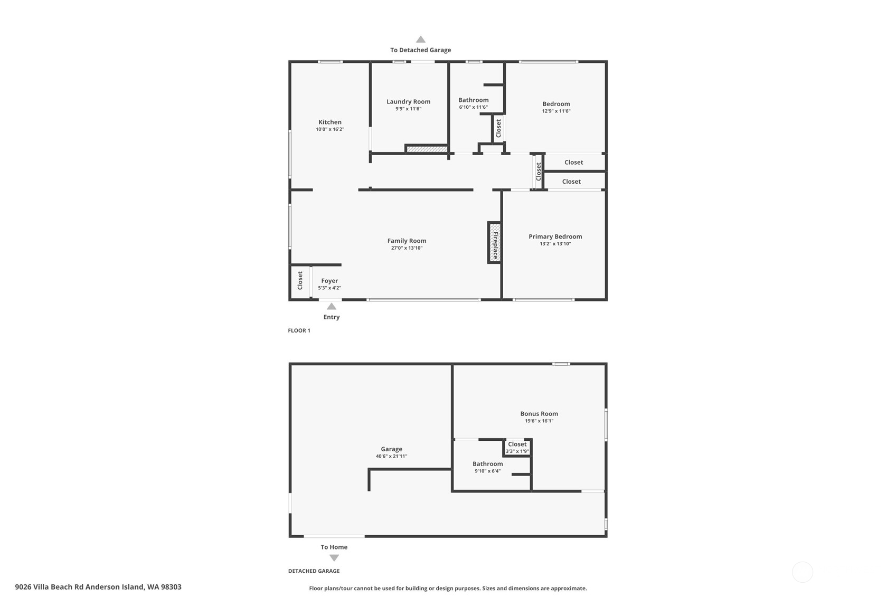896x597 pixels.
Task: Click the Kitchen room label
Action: coord(329,122)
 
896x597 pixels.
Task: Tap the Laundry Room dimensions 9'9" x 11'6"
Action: coord(408,109)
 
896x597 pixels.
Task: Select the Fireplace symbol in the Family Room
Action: coord(495,242)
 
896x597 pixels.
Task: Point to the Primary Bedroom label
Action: coord(555,236)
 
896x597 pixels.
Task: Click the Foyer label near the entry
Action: coord(329,281)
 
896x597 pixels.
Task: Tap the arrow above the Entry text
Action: coord(331,306)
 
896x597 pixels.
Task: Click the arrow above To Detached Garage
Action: coord(420,39)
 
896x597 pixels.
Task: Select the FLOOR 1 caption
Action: coord(299,330)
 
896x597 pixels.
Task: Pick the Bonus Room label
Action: coord(539,414)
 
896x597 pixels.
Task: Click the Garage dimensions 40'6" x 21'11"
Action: coord(391,456)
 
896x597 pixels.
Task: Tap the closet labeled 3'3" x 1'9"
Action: coord(517,448)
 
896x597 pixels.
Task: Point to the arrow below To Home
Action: coord(334,558)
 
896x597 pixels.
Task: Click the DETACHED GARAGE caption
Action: coord(314,571)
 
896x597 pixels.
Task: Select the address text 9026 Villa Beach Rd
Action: coord(98,586)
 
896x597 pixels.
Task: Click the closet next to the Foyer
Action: coord(300,280)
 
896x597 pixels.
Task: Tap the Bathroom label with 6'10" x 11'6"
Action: coord(473,100)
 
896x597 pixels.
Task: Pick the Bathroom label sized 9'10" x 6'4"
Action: coord(487,464)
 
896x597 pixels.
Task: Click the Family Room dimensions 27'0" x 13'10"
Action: coord(407,248)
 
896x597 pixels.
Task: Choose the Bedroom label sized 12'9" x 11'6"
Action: coord(556,104)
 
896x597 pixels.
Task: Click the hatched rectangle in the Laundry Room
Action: coord(427,149)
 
